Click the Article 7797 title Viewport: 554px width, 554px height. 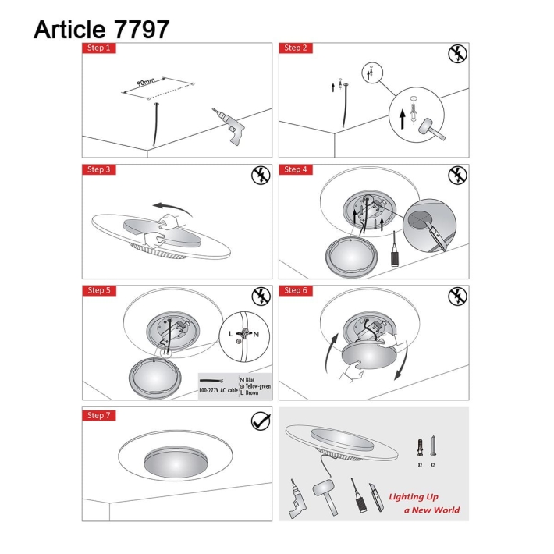[101, 29]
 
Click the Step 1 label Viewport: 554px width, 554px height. [98, 48]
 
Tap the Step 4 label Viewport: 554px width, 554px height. [295, 169]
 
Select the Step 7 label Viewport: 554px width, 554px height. [98, 415]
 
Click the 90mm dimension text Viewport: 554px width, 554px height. [146, 83]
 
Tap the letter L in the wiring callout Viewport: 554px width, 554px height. [232, 333]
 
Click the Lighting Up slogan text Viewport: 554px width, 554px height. [414, 496]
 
